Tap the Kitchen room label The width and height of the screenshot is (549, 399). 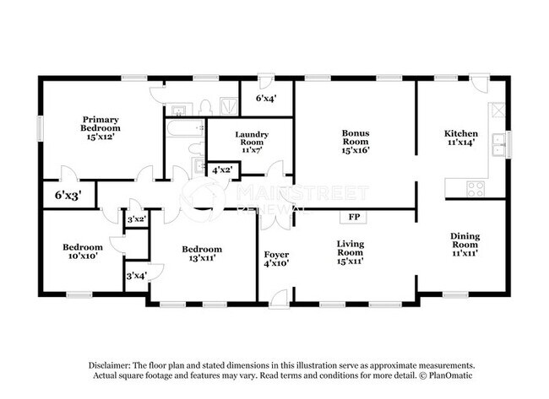[x=461, y=138]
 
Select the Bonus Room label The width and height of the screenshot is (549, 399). [x=355, y=138]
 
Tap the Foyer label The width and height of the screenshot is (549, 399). [x=276, y=258]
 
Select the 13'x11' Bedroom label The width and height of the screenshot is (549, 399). [x=203, y=253]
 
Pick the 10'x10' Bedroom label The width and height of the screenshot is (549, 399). [x=83, y=251]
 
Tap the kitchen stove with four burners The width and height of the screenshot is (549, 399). [x=476, y=187]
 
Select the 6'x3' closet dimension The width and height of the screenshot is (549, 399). [x=68, y=195]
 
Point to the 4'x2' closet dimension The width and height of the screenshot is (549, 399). [x=222, y=170]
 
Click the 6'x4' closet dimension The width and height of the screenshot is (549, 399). [x=267, y=98]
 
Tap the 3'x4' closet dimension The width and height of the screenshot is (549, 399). [x=135, y=275]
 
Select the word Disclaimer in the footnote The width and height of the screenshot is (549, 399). [x=112, y=364]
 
